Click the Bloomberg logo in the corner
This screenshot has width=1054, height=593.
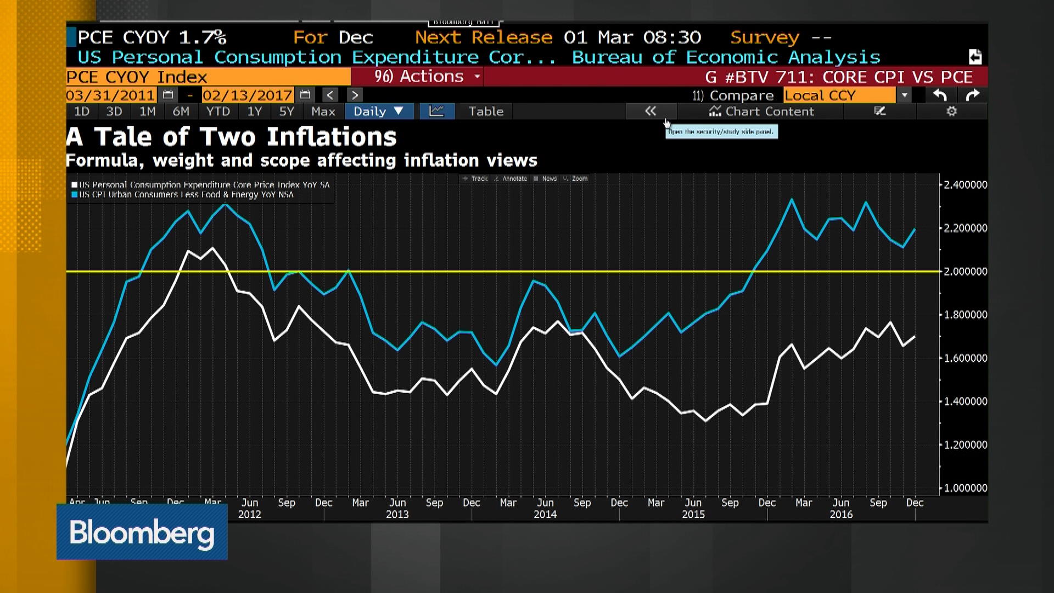(x=142, y=532)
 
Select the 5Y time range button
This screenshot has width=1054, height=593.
(x=287, y=111)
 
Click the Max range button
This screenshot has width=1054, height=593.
(x=323, y=111)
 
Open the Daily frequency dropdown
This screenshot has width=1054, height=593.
(x=378, y=111)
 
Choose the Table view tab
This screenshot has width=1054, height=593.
(x=486, y=111)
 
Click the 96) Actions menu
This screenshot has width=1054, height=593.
(x=427, y=76)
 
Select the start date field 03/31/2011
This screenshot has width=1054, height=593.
(x=110, y=95)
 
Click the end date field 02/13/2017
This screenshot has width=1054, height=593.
(x=247, y=95)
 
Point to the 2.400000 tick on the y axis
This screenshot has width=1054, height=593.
(x=965, y=185)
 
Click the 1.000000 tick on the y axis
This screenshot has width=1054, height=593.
(x=965, y=488)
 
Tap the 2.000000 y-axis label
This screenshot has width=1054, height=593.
(x=965, y=271)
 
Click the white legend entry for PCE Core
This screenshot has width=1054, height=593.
(x=203, y=185)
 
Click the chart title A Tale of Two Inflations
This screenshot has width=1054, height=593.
(x=231, y=137)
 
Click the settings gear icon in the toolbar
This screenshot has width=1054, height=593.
(x=951, y=111)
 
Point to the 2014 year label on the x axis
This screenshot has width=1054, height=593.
(x=545, y=514)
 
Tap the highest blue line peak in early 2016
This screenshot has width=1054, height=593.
(x=792, y=200)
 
